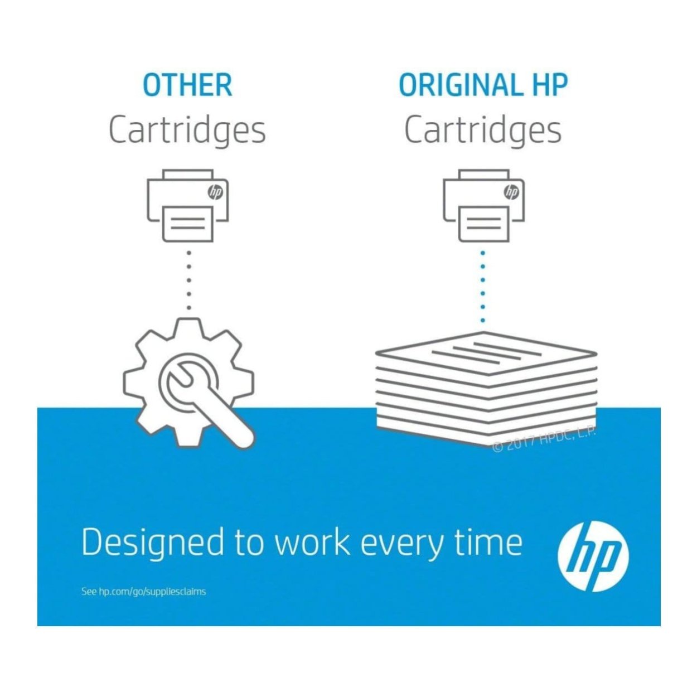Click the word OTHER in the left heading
[187, 85]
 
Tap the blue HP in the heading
[549, 85]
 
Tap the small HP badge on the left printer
[215, 192]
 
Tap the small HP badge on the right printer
[511, 192]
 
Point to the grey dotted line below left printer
[189, 280]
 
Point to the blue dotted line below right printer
[483, 287]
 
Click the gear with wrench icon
[189, 383]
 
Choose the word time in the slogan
[488, 542]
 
